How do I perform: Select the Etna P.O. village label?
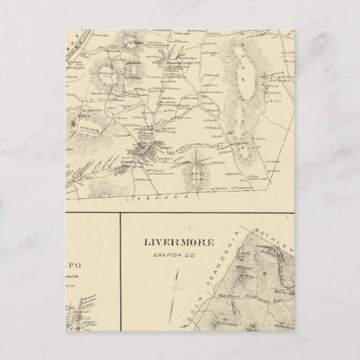[128, 163]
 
